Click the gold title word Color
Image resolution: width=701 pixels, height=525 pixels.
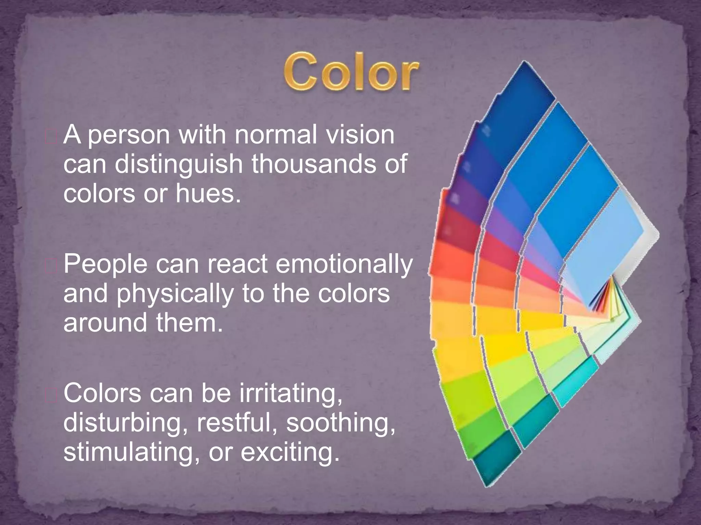click(351, 72)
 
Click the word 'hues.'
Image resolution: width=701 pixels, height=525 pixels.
click(208, 193)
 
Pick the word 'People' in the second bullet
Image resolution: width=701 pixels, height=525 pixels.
click(105, 265)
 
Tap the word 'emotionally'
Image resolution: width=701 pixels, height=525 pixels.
click(344, 265)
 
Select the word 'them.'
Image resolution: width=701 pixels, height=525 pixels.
click(189, 323)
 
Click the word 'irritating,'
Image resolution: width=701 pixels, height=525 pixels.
click(291, 393)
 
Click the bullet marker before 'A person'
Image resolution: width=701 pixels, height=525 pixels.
click(51, 137)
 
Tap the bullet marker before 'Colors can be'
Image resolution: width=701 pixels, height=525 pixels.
click(51, 395)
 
